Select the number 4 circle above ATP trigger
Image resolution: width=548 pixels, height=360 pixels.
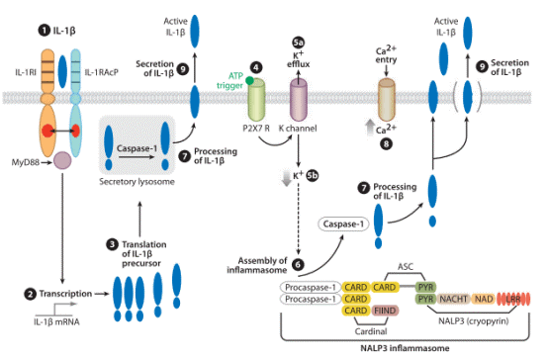click(x=256, y=67)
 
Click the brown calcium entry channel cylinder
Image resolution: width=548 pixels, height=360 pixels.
click(x=388, y=103)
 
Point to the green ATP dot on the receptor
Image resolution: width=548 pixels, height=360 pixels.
click(x=249, y=84)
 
